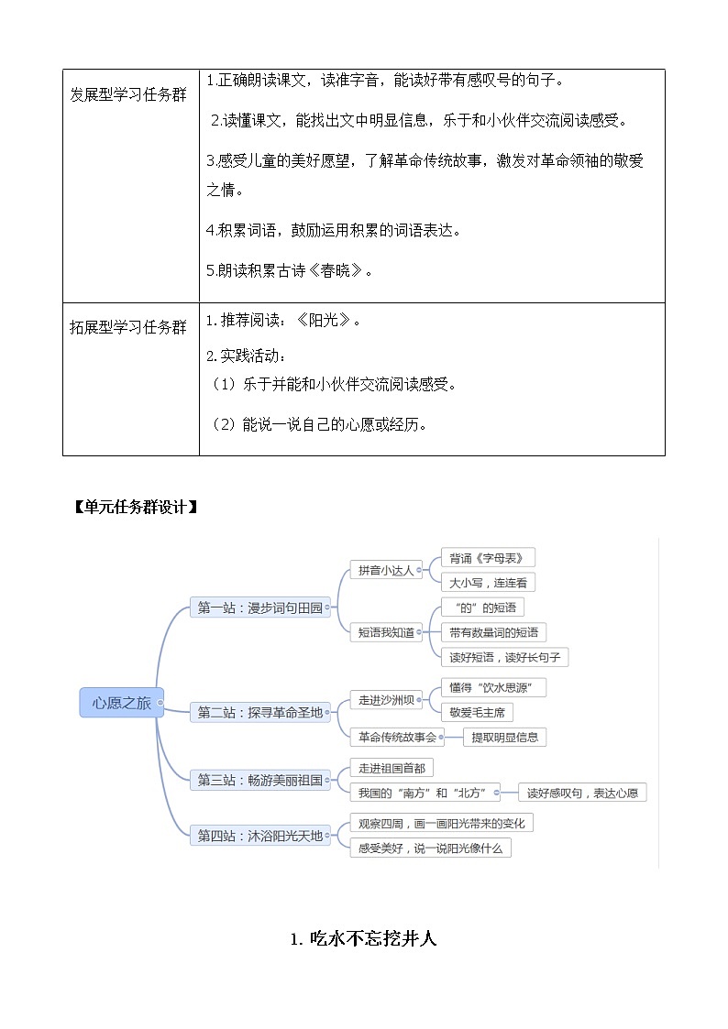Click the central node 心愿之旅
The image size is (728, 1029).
121,703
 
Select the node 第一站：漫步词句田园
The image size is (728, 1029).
261,607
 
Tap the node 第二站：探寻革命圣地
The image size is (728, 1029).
261,712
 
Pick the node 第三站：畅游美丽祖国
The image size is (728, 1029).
261,780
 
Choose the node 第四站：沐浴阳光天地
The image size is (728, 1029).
261,836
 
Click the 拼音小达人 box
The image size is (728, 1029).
385,570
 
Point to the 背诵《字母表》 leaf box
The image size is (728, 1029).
487,558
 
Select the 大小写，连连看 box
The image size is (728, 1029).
487,583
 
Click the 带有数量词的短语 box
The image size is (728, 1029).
493,632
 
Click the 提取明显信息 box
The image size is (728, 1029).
505,737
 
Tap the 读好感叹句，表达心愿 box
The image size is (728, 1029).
581,793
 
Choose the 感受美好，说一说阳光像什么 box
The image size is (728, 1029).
430,848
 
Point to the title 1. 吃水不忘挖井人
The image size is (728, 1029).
364,938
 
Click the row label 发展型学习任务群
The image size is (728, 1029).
128,95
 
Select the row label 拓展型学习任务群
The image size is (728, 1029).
128,327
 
